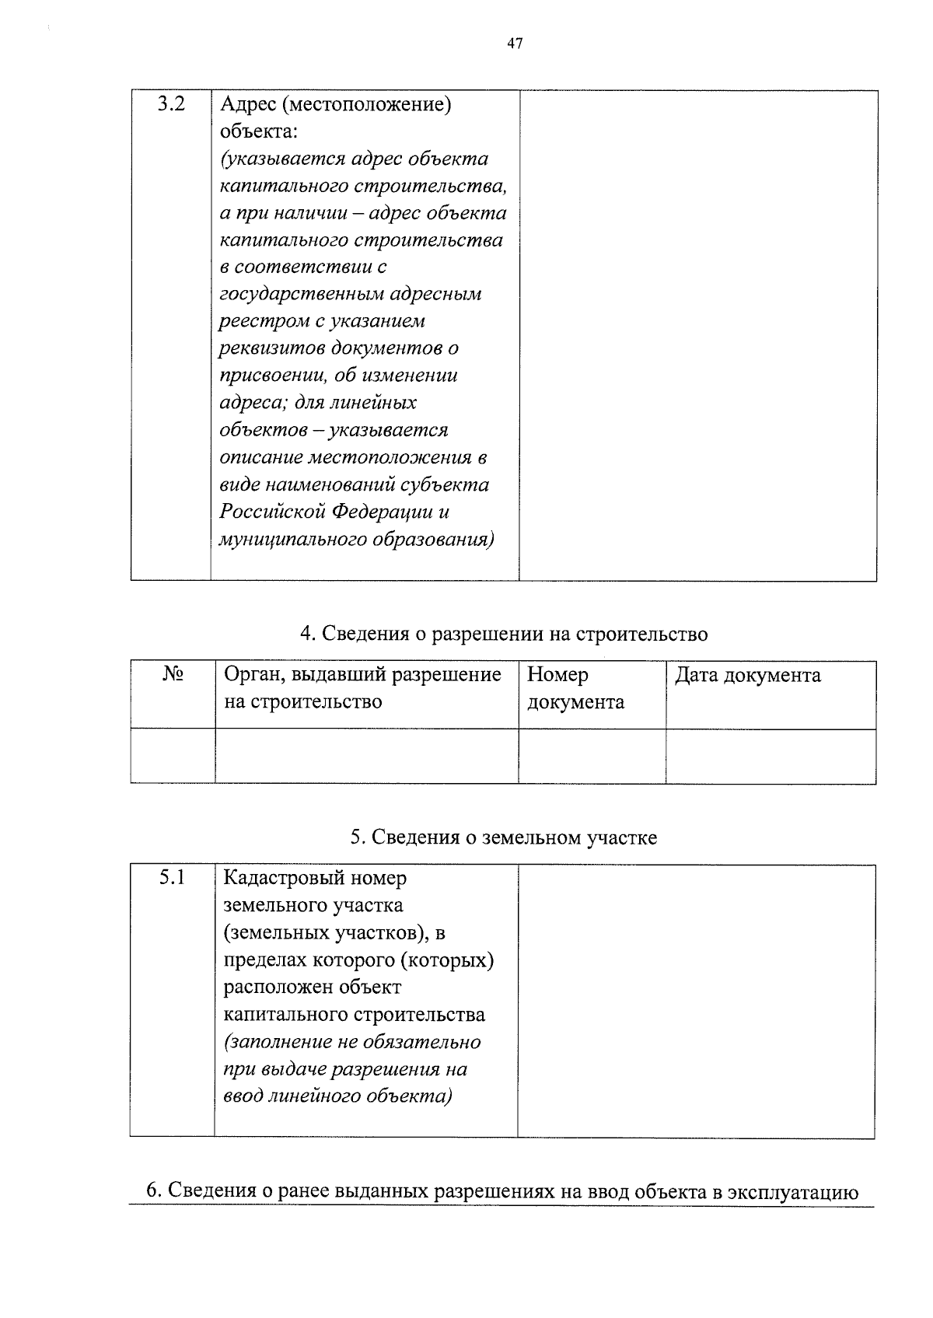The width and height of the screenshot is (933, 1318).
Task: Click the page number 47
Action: [514, 44]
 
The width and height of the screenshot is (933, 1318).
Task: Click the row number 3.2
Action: [171, 103]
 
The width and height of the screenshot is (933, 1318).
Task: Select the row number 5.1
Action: [172, 878]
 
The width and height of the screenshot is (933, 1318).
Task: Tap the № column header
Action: [173, 674]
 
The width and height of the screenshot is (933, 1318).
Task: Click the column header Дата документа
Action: [747, 675]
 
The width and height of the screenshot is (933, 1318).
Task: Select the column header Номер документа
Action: [575, 688]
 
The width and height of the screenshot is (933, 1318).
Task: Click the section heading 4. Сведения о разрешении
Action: [504, 634]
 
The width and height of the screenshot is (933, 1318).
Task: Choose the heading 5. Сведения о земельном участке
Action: [503, 837]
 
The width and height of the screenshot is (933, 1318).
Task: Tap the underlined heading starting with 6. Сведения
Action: [502, 1191]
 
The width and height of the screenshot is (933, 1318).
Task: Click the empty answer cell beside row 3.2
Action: [697, 335]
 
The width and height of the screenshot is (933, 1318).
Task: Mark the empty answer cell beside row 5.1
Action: [696, 1000]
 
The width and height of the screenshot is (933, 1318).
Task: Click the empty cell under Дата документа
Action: [771, 755]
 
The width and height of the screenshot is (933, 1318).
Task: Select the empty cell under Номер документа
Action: [592, 755]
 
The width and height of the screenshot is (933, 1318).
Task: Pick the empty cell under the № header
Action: [173, 755]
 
